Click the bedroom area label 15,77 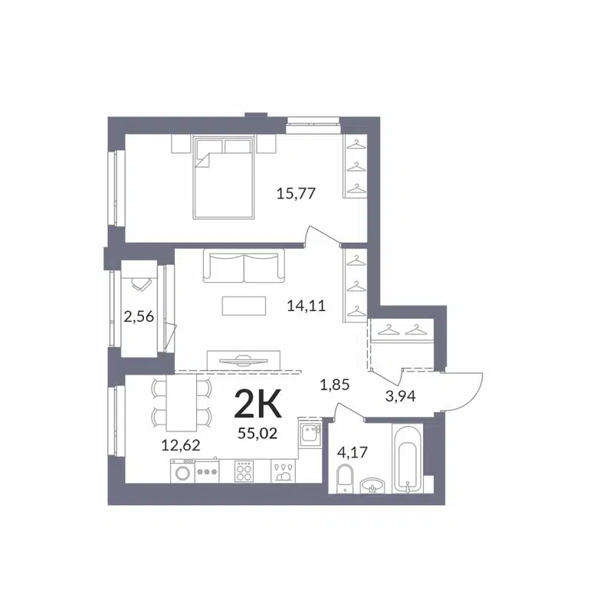point(296,193)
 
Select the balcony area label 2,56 point(139,316)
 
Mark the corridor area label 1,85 point(334,385)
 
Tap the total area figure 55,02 point(257,433)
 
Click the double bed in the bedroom point(223,177)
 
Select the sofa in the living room point(243,267)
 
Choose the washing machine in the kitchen point(183,472)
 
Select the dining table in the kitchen point(181,404)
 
